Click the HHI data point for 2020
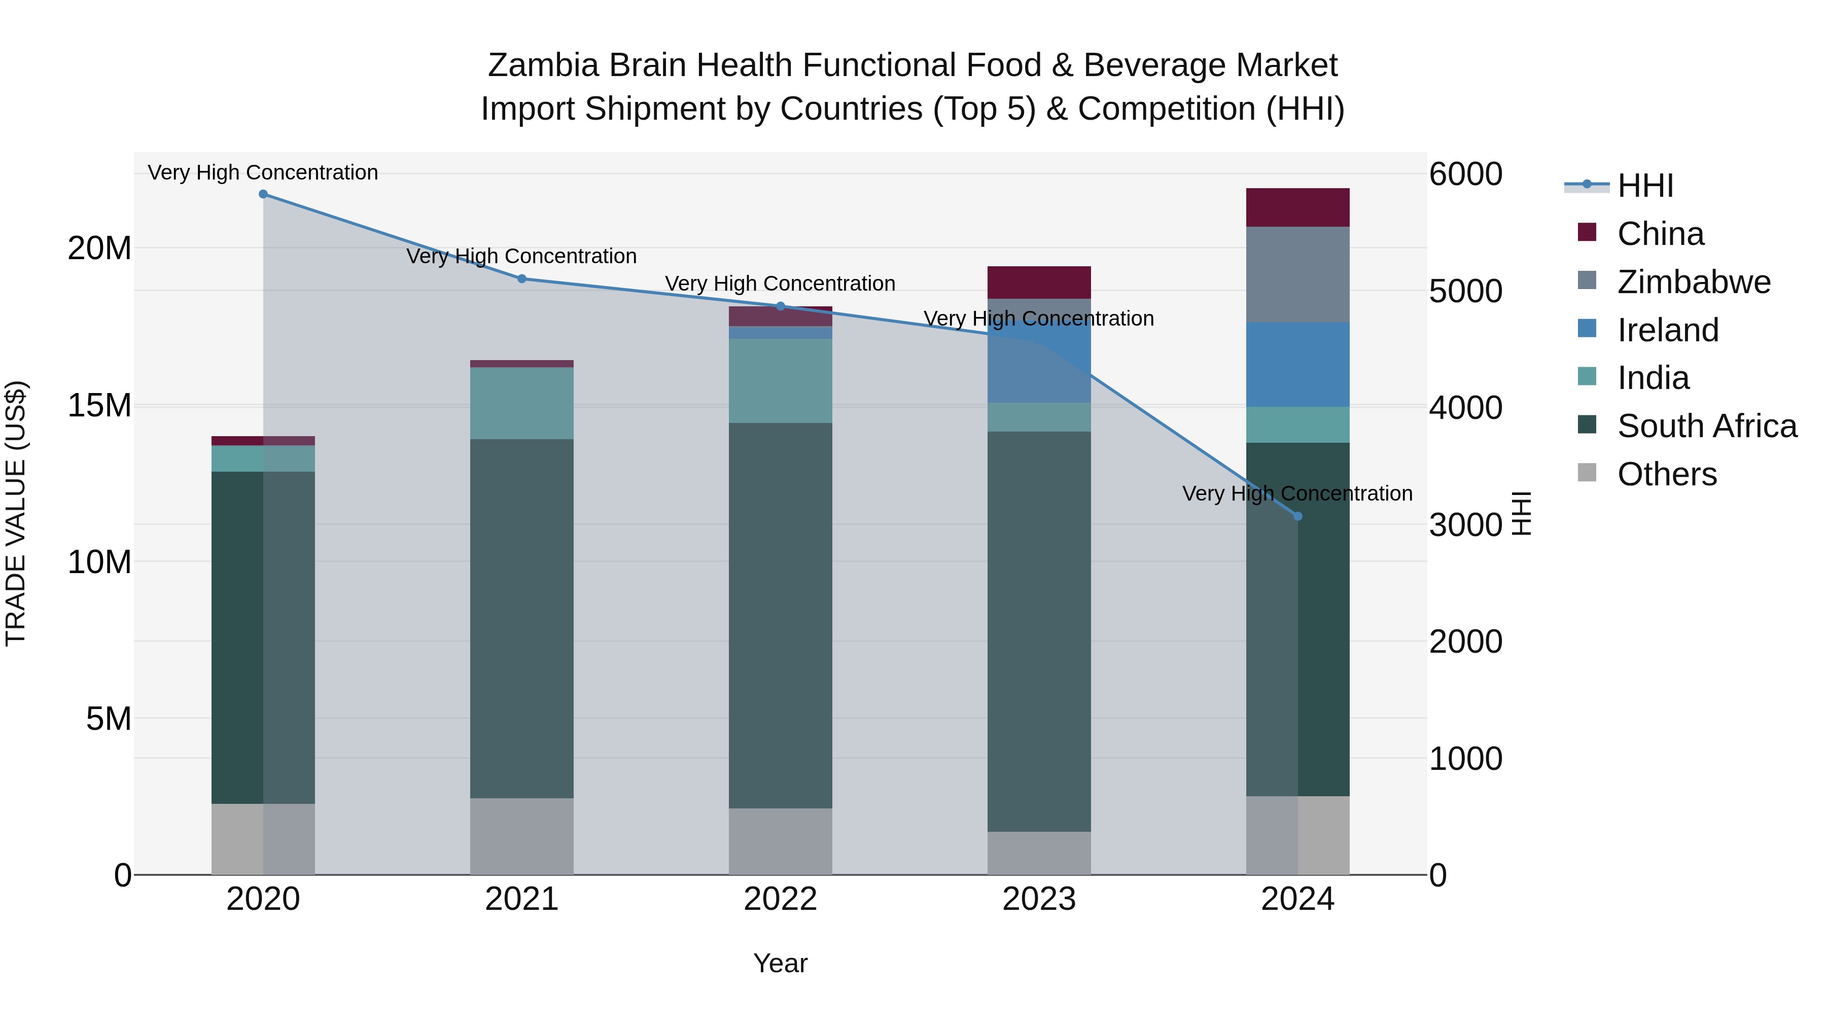263,194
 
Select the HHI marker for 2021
522,278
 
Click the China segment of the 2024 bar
1297,207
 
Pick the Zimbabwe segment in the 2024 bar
1297,274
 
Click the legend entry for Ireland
1667,330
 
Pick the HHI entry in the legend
1644,186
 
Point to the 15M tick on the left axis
99,405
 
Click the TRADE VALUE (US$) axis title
16,513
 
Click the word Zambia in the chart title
543,65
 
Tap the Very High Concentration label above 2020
263,172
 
